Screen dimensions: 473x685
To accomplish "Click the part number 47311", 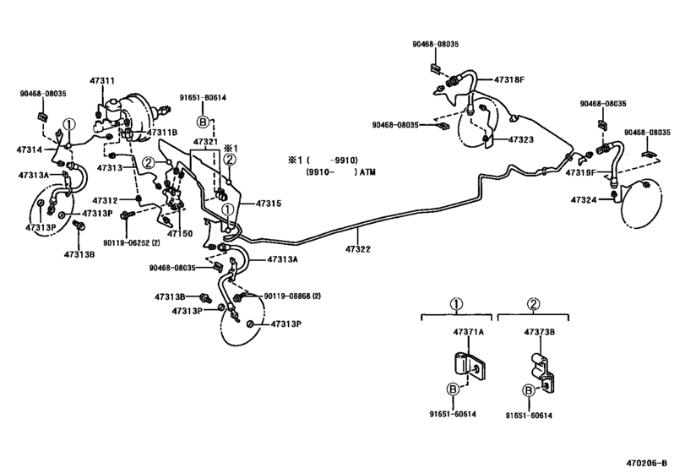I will click(x=103, y=80).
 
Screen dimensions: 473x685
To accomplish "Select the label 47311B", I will click(x=161, y=132).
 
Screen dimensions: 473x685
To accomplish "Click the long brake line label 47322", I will click(x=357, y=248).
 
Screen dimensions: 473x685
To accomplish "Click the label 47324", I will click(x=584, y=200).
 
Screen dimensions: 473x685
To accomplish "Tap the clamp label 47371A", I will click(x=470, y=332).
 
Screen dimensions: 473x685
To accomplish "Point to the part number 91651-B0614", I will click(x=203, y=97).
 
